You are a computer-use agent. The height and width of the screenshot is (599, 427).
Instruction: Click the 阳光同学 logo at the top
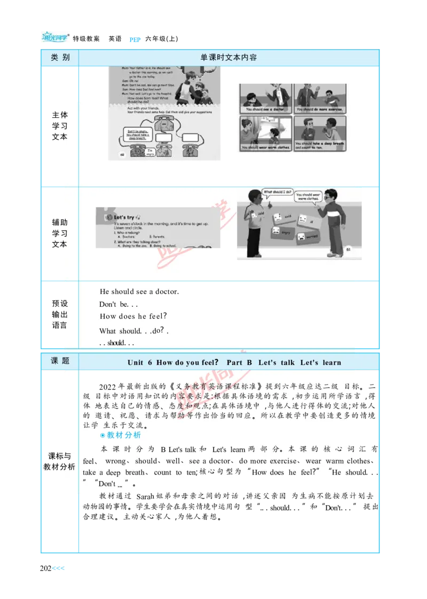(56, 36)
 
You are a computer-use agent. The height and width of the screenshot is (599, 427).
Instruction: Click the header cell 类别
(60, 58)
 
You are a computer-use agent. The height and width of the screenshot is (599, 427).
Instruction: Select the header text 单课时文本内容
(228, 58)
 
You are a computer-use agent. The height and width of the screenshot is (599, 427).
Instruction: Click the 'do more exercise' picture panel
(319, 98)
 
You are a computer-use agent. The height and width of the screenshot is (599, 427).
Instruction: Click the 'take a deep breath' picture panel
(319, 133)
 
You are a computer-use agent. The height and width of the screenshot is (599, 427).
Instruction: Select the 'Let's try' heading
(124, 217)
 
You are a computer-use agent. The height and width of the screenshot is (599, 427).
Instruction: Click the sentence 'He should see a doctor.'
(139, 292)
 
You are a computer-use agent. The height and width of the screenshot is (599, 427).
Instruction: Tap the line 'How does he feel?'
(133, 316)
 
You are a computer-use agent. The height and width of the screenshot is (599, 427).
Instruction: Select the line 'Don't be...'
(118, 305)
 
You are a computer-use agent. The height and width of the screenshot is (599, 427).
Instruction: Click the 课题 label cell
(60, 361)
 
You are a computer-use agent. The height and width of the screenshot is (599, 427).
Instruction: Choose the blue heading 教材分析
(120, 435)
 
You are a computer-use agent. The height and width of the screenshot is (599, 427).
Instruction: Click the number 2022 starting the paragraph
(108, 387)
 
